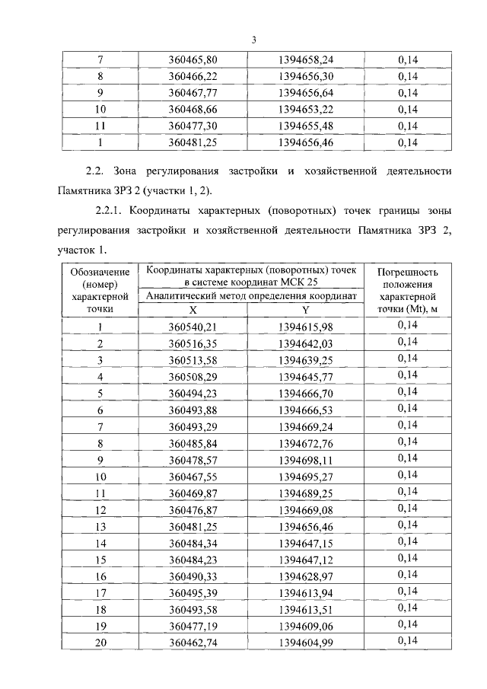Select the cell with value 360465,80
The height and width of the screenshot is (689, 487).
(193, 59)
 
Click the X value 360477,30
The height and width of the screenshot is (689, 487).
(193, 126)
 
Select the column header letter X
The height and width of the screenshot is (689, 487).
(193, 310)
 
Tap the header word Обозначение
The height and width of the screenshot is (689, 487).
(100, 271)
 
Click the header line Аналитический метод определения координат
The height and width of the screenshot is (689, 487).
(251, 296)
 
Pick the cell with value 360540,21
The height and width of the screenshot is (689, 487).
(193, 327)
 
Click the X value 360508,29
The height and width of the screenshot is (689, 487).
(193, 376)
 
